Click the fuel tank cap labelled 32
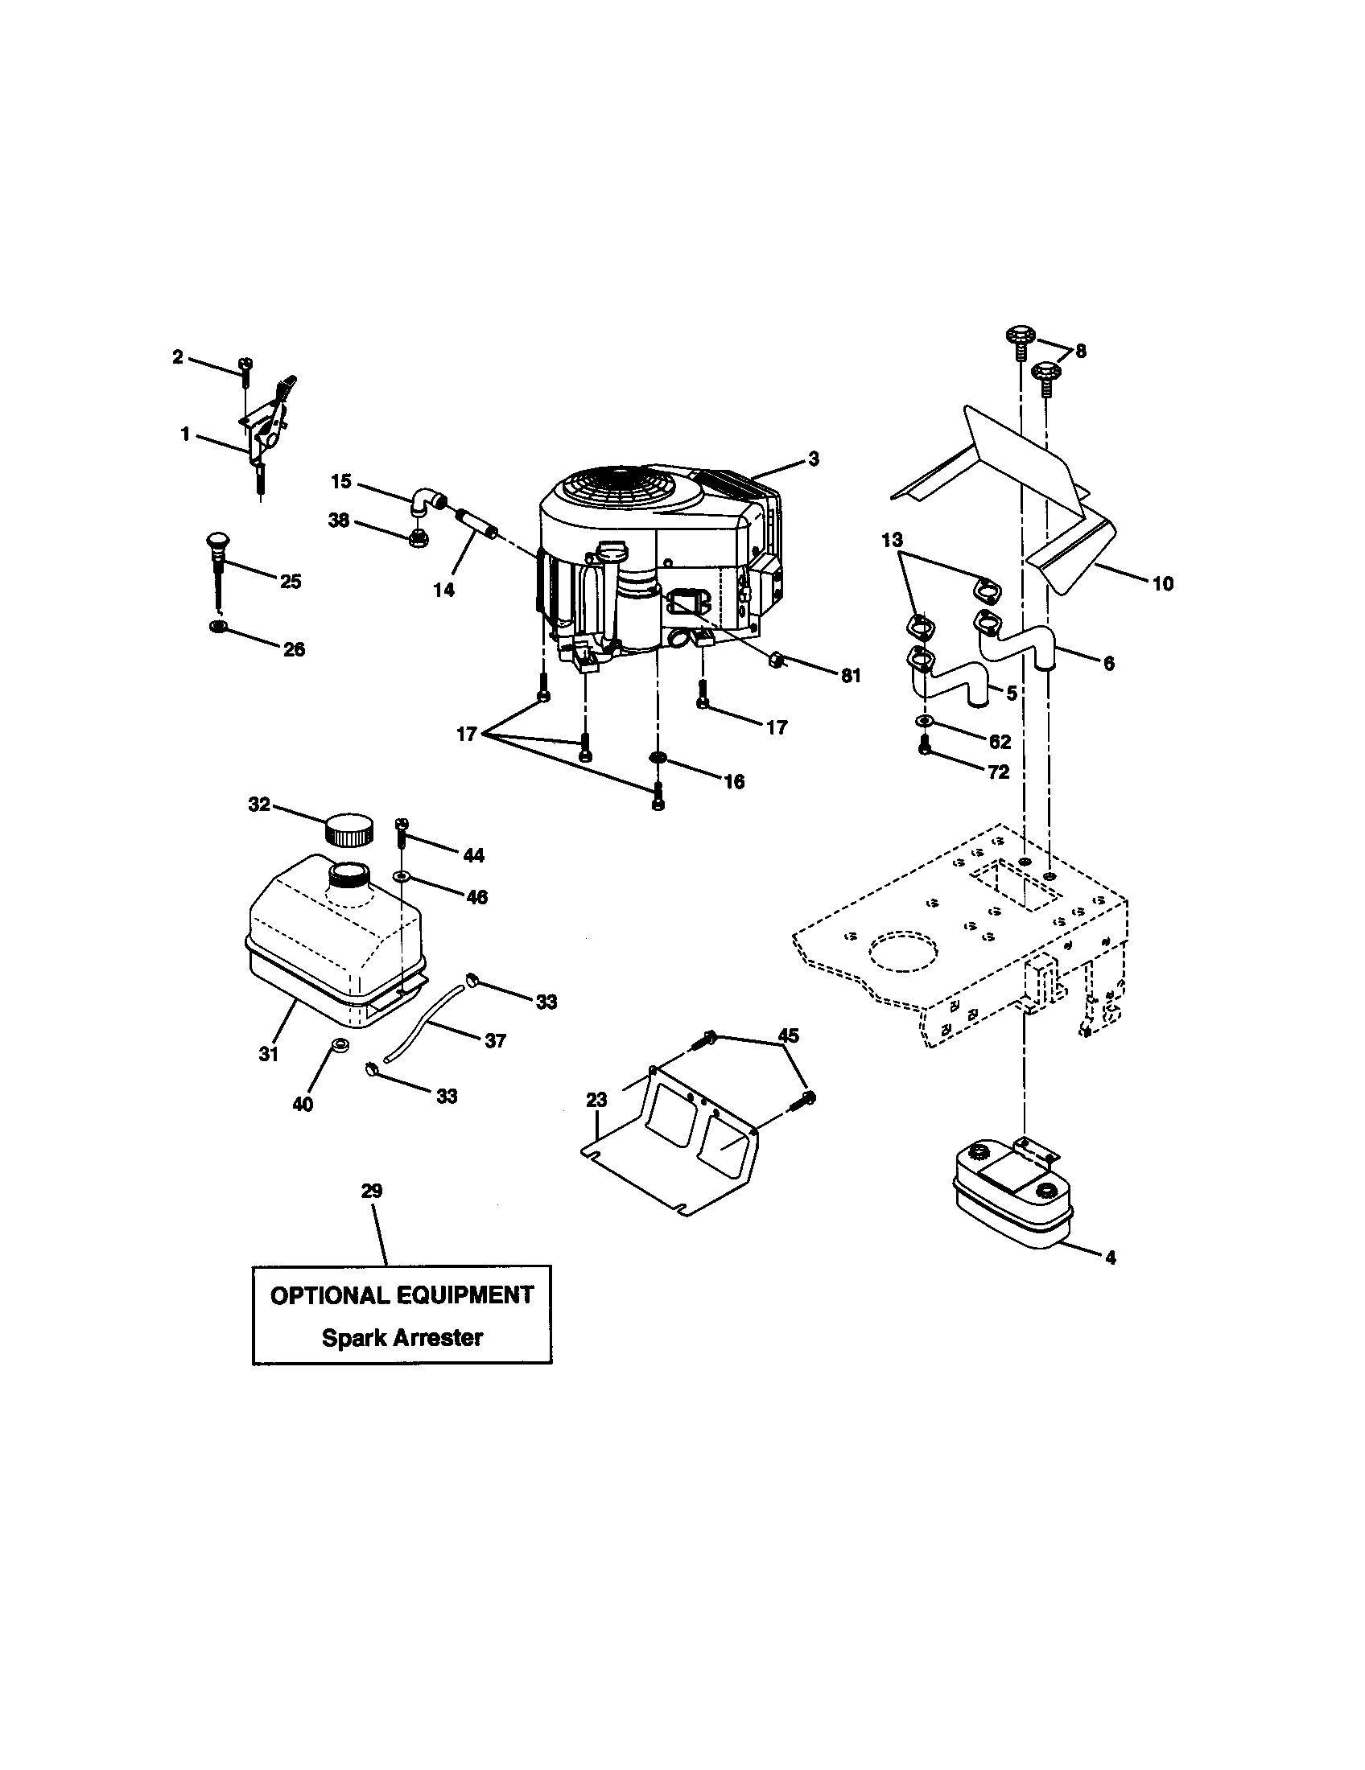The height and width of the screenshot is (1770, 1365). (349, 829)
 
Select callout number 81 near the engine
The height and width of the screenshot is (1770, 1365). (850, 676)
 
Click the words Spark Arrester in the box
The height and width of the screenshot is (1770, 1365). (402, 1337)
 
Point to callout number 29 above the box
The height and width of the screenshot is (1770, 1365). (372, 1191)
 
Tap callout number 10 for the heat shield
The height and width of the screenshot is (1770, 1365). (1162, 583)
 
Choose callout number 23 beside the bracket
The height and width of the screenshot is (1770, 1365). (596, 1100)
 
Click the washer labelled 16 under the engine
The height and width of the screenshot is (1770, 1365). (658, 757)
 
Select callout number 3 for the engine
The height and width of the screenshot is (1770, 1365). (813, 459)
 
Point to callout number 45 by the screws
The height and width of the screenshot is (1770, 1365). (788, 1035)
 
